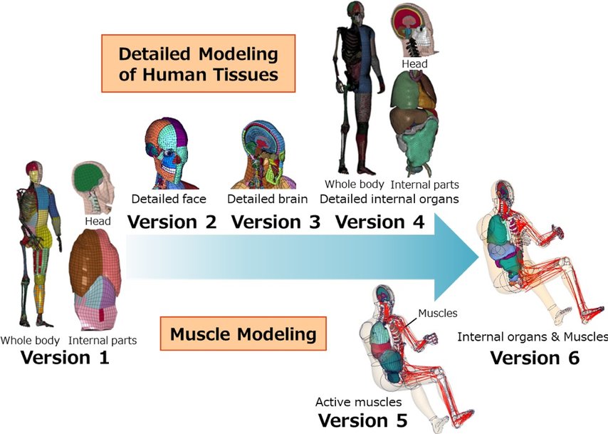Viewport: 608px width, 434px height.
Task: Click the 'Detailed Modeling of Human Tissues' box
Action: point(198,65)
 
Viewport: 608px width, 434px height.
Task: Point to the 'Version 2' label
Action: point(172,222)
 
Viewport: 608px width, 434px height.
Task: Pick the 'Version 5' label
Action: point(363,420)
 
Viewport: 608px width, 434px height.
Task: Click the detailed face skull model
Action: point(170,151)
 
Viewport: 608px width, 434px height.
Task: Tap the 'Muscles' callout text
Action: point(437,313)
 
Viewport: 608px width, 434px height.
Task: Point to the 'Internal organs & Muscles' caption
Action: point(533,336)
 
